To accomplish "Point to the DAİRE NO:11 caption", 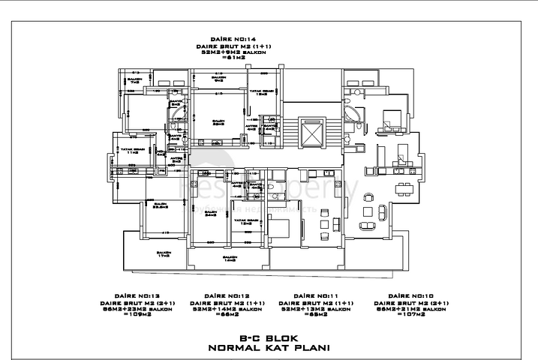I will click(x=314, y=296).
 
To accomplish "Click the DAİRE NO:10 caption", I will click(x=408, y=296).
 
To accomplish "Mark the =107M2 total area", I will click(x=408, y=314).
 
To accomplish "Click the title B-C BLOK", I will click(x=268, y=338).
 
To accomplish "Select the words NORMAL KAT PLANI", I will click(x=268, y=348).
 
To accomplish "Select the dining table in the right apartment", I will click(x=404, y=186).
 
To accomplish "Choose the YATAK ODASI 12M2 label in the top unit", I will click(x=262, y=94).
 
